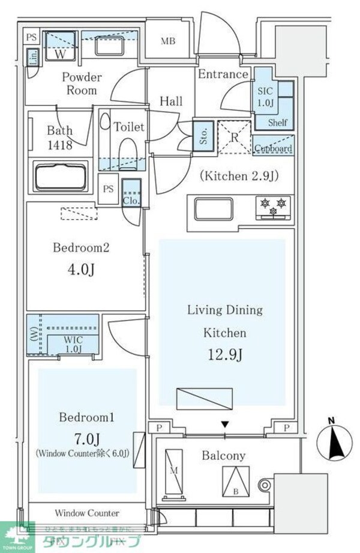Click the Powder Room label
(82, 84)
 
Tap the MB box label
(168, 41)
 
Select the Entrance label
(223, 74)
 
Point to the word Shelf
(278, 122)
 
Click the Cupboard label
(274, 148)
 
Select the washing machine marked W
(61, 46)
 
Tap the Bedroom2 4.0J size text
(81, 270)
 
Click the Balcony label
(223, 456)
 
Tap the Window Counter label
(87, 513)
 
